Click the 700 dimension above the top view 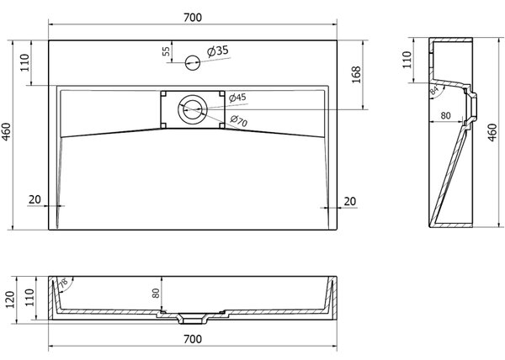[x=193, y=18]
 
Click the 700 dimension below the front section [x=193, y=339]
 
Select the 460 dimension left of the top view [x=7, y=132]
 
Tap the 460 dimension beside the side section [x=492, y=133]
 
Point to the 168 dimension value [x=356, y=75]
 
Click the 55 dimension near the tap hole [x=166, y=51]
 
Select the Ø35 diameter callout [x=218, y=50]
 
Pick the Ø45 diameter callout [x=237, y=98]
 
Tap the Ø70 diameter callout [x=239, y=120]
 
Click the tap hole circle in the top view [x=193, y=62]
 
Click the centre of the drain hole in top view [x=192, y=109]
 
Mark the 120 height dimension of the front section [x=10, y=299]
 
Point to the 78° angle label [x=63, y=282]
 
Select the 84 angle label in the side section [x=434, y=90]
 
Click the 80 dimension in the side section [x=445, y=115]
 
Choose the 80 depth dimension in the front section [x=156, y=293]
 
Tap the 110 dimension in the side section [x=407, y=60]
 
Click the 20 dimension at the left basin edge [x=35, y=199]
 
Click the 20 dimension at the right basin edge [x=350, y=201]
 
